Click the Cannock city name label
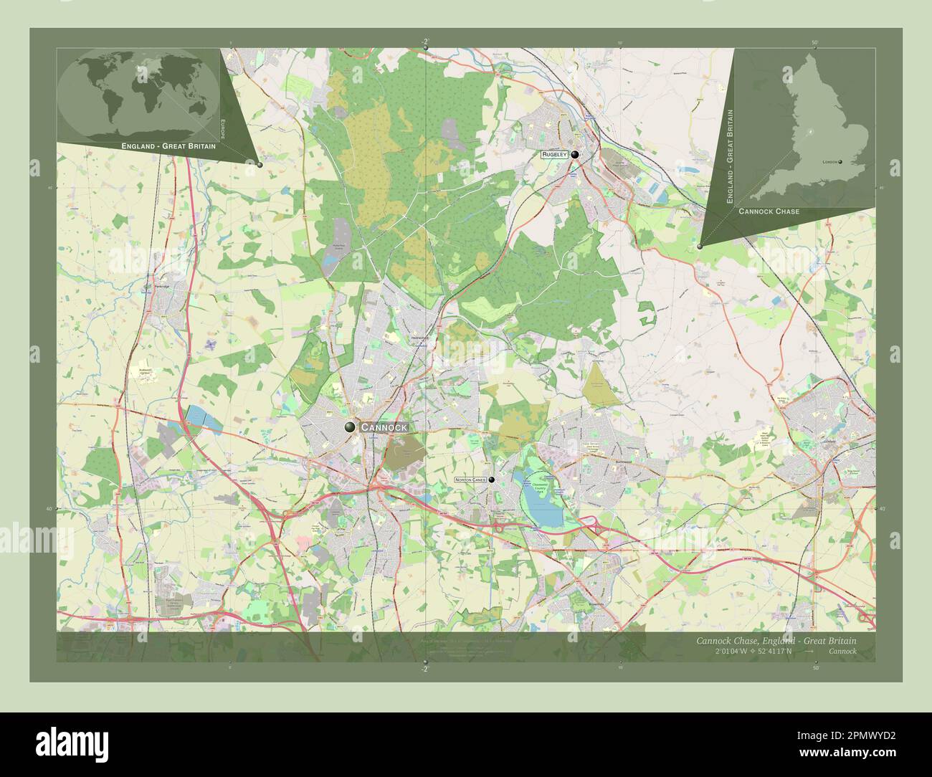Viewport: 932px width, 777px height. pyautogui.click(x=384, y=427)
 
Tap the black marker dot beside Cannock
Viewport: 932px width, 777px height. pyautogui.click(x=350, y=427)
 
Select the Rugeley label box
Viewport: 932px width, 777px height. pyautogui.click(x=554, y=154)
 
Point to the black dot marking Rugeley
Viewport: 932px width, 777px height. pyautogui.click(x=575, y=154)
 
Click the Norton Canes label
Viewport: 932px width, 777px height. pyautogui.click(x=470, y=480)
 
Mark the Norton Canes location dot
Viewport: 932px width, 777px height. pyautogui.click(x=492, y=480)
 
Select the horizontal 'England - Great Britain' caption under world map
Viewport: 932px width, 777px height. pyautogui.click(x=168, y=146)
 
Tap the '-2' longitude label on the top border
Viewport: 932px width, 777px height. pyautogui.click(x=425, y=41)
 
